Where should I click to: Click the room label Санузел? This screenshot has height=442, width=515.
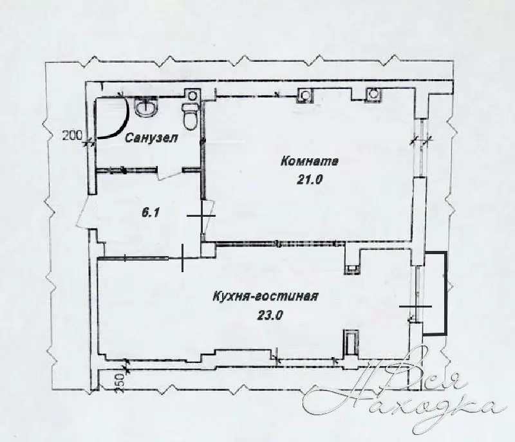tap(152, 138)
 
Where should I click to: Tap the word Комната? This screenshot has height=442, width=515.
tap(310, 161)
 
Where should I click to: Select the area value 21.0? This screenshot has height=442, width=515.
tap(310, 180)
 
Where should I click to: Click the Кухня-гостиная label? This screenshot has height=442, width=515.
tap(265, 297)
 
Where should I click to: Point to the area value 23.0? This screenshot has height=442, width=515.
tap(268, 315)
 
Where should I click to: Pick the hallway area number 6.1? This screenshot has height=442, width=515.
tap(151, 214)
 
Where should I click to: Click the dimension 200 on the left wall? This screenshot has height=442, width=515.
tap(72, 135)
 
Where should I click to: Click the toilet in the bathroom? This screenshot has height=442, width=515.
tap(189, 116)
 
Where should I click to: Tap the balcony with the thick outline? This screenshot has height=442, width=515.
tap(435, 293)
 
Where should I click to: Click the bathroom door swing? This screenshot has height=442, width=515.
tap(169, 174)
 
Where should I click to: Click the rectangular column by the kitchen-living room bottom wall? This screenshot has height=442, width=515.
tap(351, 343)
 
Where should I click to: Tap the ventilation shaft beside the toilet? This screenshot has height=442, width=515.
tap(192, 95)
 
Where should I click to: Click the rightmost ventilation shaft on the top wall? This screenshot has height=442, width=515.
tap(373, 93)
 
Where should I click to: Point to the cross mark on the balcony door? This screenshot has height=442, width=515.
tap(415, 306)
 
